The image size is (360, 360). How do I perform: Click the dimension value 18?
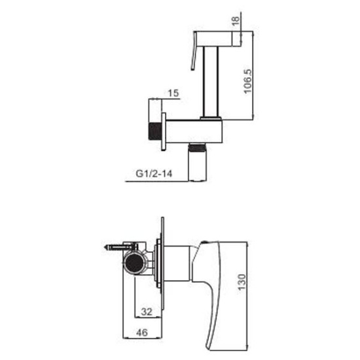[236, 22]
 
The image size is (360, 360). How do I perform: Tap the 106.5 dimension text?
[247, 81]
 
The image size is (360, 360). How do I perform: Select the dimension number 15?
[173, 93]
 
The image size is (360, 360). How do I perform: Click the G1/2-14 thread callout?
[154, 173]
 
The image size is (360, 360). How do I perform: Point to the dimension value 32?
[147, 312]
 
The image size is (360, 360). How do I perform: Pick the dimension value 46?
[142, 333]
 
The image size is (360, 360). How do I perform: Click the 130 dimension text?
[242, 282]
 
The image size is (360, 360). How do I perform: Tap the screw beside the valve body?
[120, 247]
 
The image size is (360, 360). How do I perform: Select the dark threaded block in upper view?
[155, 132]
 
